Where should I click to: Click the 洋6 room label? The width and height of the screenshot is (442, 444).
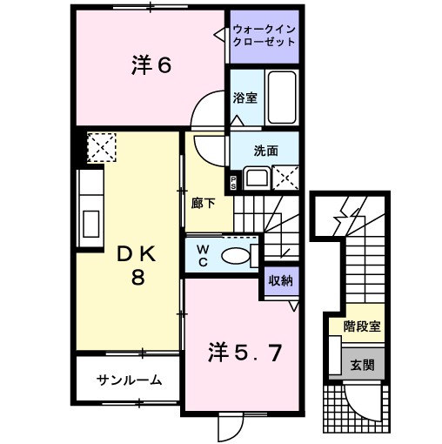click(150, 67)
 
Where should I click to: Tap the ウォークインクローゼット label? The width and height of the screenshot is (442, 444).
click(264, 36)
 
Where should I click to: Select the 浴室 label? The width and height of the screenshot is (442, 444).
click(244, 98)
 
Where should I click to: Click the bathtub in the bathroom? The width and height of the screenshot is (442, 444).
click(279, 97)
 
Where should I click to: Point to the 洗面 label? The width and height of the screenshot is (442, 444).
click(265, 150)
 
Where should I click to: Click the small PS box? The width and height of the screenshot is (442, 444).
click(233, 182)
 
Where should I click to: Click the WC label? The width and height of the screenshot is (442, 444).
click(202, 256)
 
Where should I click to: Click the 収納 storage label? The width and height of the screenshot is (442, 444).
click(280, 280)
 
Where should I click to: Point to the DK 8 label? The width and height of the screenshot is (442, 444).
click(136, 266)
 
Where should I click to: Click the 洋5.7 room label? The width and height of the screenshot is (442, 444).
click(243, 352)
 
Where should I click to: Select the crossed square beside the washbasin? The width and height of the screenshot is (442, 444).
click(285, 178)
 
